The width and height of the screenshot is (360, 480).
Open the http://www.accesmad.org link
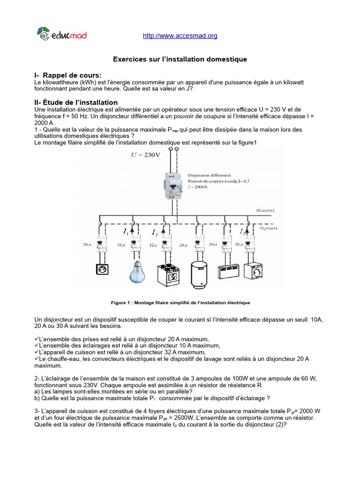[180, 36]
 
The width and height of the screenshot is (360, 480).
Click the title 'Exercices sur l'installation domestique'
[180, 60]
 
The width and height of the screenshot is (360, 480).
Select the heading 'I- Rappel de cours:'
[68, 75]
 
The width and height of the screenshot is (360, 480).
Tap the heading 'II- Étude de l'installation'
[76, 102]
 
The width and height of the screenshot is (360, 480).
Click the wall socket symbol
[102, 269]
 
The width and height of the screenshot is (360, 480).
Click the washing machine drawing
[251, 271]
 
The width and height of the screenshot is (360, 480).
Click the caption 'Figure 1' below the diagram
[180, 303]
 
